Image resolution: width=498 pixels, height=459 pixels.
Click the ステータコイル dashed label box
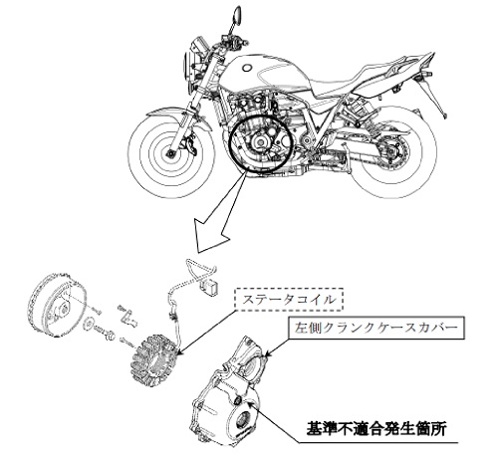click(289, 300)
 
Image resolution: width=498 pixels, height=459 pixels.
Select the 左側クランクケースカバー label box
click(376, 328)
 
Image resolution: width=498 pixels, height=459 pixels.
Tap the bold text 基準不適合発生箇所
click(375, 429)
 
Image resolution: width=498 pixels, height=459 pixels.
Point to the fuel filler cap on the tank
click(247, 69)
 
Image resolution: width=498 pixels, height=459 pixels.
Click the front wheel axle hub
click(171, 154)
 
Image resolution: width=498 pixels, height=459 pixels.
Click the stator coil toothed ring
click(153, 362)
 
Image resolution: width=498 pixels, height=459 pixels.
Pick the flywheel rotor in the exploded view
click(57, 304)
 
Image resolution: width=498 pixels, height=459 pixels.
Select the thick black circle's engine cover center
click(259, 142)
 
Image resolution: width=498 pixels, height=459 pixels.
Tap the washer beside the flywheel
click(89, 323)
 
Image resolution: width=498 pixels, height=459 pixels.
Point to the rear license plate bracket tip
click(445, 115)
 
